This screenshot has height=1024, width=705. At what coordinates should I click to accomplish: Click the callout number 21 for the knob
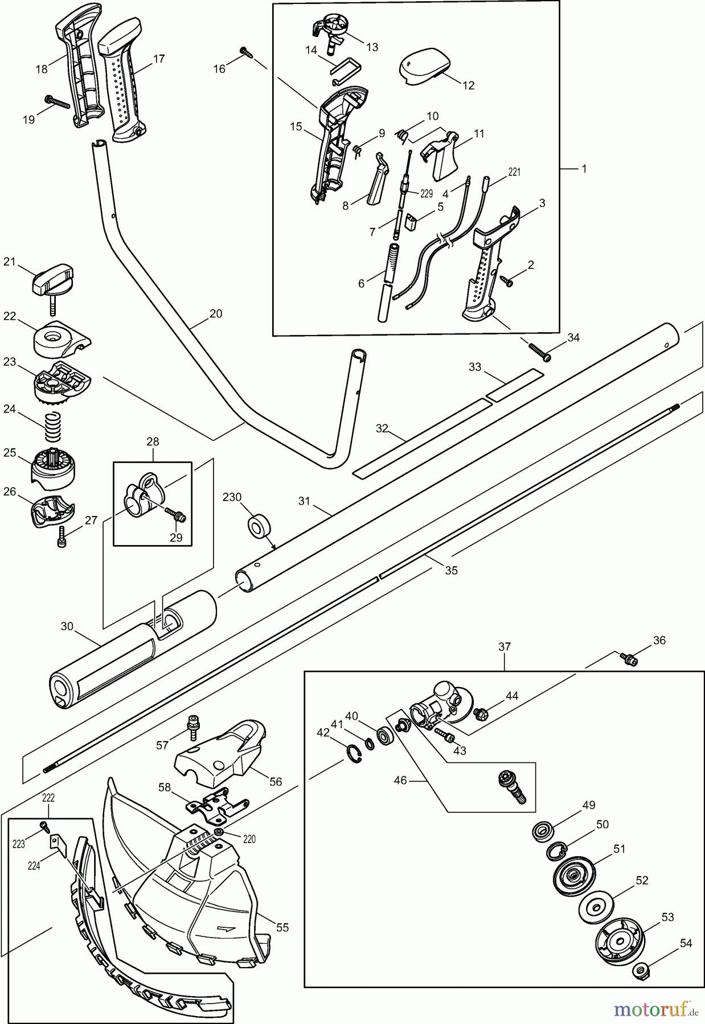(x=10, y=261)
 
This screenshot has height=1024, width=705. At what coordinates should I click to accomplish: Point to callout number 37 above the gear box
(x=505, y=646)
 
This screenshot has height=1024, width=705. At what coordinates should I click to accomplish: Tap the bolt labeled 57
(x=191, y=728)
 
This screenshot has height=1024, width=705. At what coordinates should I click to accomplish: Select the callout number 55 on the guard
(x=282, y=927)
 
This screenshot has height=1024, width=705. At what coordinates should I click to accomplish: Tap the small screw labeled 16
(x=245, y=53)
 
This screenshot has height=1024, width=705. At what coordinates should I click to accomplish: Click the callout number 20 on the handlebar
(x=216, y=313)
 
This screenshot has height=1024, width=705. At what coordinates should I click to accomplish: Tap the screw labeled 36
(x=629, y=659)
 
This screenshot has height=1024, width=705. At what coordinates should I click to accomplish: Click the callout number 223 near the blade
(x=19, y=844)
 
